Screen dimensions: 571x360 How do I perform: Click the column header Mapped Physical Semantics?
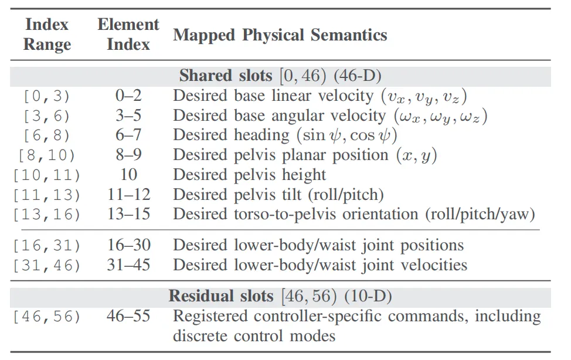[x=280, y=35]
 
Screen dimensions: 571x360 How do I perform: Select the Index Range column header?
[x=47, y=35]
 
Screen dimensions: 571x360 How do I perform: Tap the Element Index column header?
[x=128, y=35]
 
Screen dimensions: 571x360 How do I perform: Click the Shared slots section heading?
[x=280, y=76]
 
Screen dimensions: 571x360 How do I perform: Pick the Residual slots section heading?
[x=280, y=296]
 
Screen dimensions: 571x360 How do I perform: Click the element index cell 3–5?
[x=128, y=116]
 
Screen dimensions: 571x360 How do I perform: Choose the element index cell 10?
[x=128, y=175]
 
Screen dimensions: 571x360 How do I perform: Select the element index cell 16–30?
[x=128, y=245]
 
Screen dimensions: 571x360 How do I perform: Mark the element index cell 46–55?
[x=128, y=316]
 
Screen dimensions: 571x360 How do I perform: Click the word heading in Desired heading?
[x=261, y=135]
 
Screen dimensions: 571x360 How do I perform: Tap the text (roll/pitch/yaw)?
[x=480, y=214]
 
